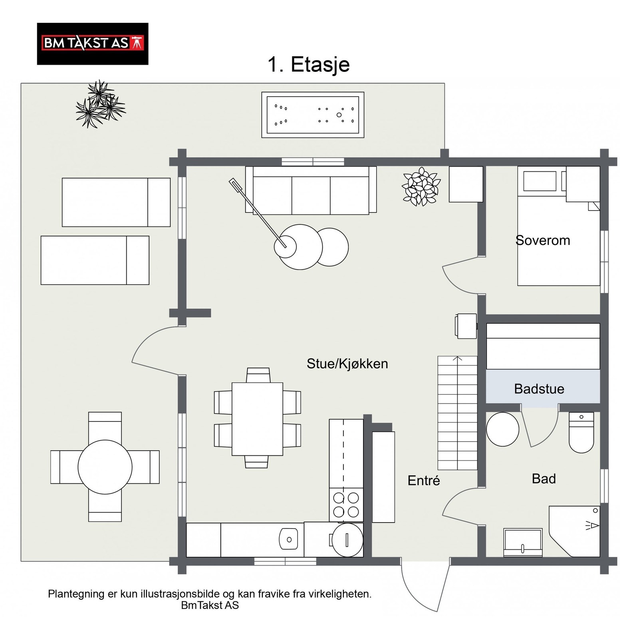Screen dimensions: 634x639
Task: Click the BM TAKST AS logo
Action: pos(92,44)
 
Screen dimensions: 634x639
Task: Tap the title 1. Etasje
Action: pos(308,64)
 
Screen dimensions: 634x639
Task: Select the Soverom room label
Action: pos(542,240)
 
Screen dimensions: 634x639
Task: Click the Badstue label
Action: pos(539,389)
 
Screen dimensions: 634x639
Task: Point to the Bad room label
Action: pos(543,479)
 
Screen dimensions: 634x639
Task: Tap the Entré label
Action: pos(423,480)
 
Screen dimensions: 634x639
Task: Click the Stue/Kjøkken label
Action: pos(347,364)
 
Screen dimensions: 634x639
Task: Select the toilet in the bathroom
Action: pos(581,433)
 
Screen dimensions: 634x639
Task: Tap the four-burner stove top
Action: pos(346,505)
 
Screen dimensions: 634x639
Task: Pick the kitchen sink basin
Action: pos(288,539)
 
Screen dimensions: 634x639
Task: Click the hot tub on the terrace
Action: pos(313,115)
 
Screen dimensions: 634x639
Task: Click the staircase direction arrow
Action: pos(458,358)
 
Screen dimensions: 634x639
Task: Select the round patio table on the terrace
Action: pos(105,467)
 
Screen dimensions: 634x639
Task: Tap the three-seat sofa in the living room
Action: pos(311,191)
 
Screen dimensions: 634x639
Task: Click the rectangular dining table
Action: pos(257,419)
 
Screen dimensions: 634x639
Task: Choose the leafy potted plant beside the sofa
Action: pos(421,187)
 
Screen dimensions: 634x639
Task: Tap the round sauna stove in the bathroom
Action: pos(502,429)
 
